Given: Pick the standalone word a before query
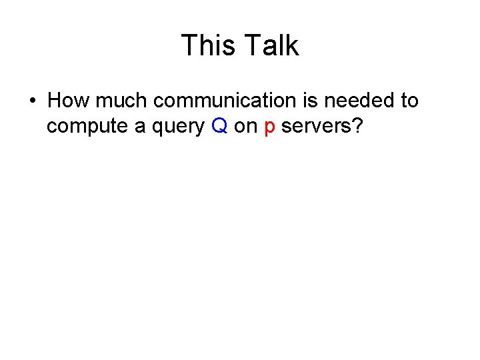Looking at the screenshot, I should coord(140,127).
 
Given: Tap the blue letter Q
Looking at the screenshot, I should coord(220,127).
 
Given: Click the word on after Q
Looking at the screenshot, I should coord(246,127).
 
